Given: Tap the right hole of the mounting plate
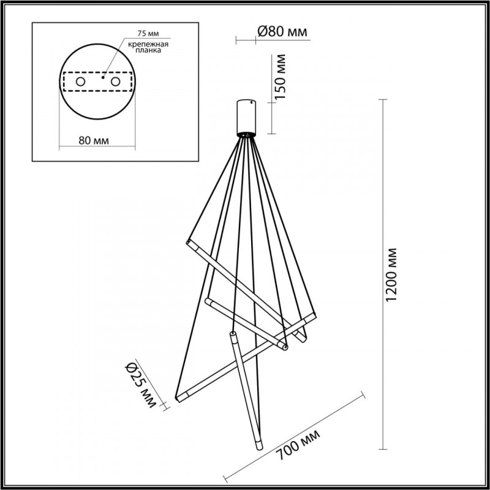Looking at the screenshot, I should pyautogui.click(x=115, y=81).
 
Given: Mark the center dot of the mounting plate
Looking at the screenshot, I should pyautogui.click(x=104, y=78).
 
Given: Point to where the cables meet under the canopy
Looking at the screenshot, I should pyautogui.click(x=247, y=135).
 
